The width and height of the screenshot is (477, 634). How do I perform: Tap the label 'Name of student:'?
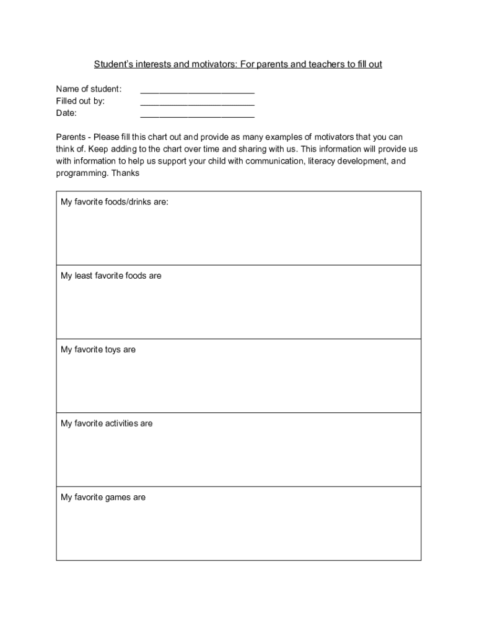click(x=89, y=89)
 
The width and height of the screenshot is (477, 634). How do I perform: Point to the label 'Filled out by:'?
click(x=81, y=101)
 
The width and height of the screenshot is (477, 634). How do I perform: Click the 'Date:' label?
click(x=66, y=113)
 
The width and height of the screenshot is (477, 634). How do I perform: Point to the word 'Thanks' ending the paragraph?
click(x=125, y=173)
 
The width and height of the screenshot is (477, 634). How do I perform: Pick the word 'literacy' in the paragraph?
click(x=323, y=162)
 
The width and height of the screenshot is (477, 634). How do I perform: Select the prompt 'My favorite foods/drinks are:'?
click(x=114, y=202)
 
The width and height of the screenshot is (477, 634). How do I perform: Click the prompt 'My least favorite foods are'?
click(x=111, y=276)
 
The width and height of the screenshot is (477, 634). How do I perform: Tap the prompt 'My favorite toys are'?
click(x=98, y=350)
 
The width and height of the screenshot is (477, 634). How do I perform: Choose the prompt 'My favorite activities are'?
click(x=107, y=423)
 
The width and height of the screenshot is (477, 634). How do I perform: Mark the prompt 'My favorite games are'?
click(x=103, y=498)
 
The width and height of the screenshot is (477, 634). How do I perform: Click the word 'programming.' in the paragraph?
click(x=82, y=173)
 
